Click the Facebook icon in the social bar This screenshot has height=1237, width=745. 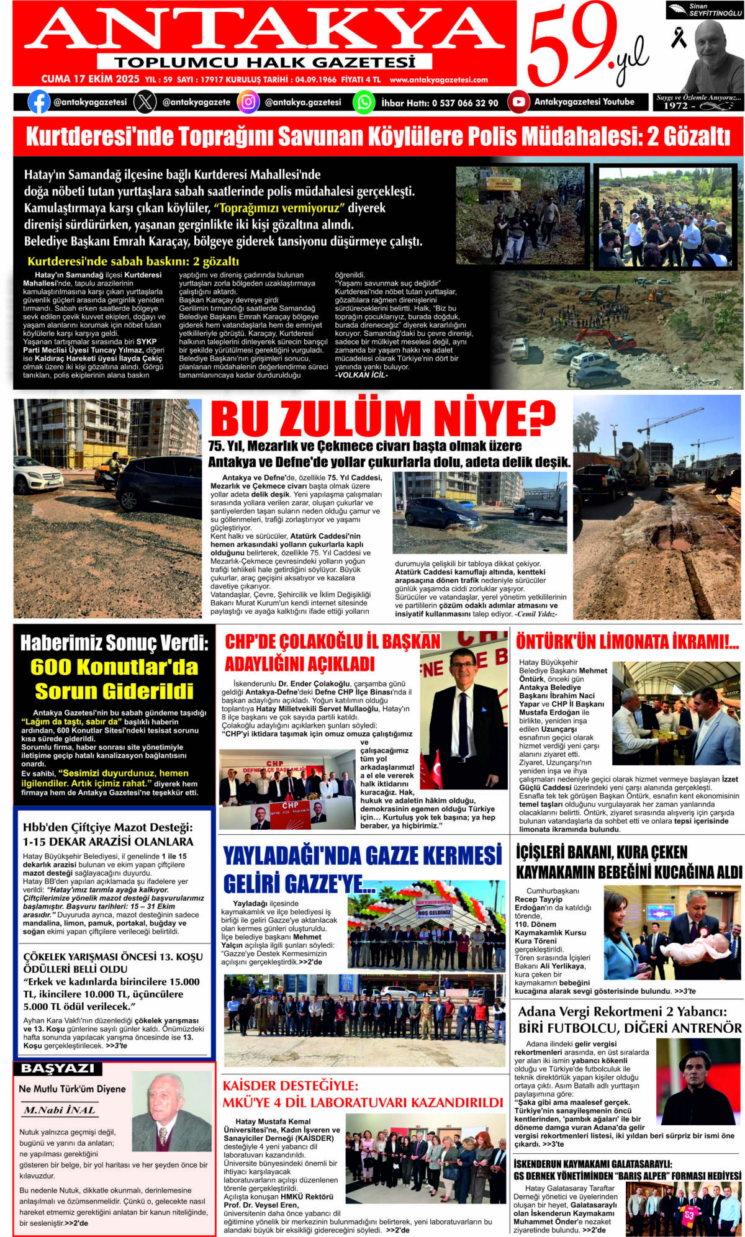point(38,102)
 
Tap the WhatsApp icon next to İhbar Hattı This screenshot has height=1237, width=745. point(364,102)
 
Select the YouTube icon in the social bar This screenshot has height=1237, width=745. point(518,102)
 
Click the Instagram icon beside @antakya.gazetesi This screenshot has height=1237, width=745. point(248,102)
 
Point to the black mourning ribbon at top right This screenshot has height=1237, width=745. point(679,38)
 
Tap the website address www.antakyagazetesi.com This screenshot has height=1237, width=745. point(438,79)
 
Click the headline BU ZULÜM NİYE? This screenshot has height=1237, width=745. point(382,418)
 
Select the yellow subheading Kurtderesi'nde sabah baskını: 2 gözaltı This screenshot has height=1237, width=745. point(133,261)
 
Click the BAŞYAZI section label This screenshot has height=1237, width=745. point(58,1068)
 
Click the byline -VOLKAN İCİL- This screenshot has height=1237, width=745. point(361,375)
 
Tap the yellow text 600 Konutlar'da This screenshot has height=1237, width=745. point(114,667)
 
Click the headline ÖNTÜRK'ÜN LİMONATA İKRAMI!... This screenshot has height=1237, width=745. point(627,642)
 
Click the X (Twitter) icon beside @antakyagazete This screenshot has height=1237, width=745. point(145,102)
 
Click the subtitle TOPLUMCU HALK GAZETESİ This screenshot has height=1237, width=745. point(264,62)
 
